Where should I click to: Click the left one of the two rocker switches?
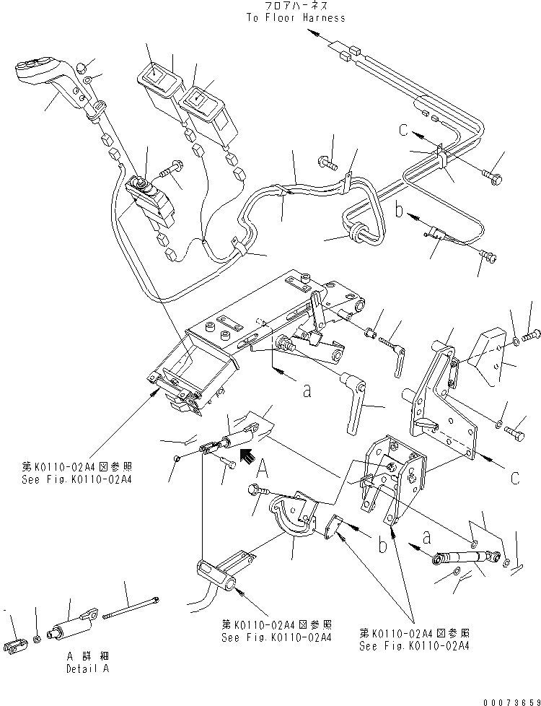click(x=159, y=81)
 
